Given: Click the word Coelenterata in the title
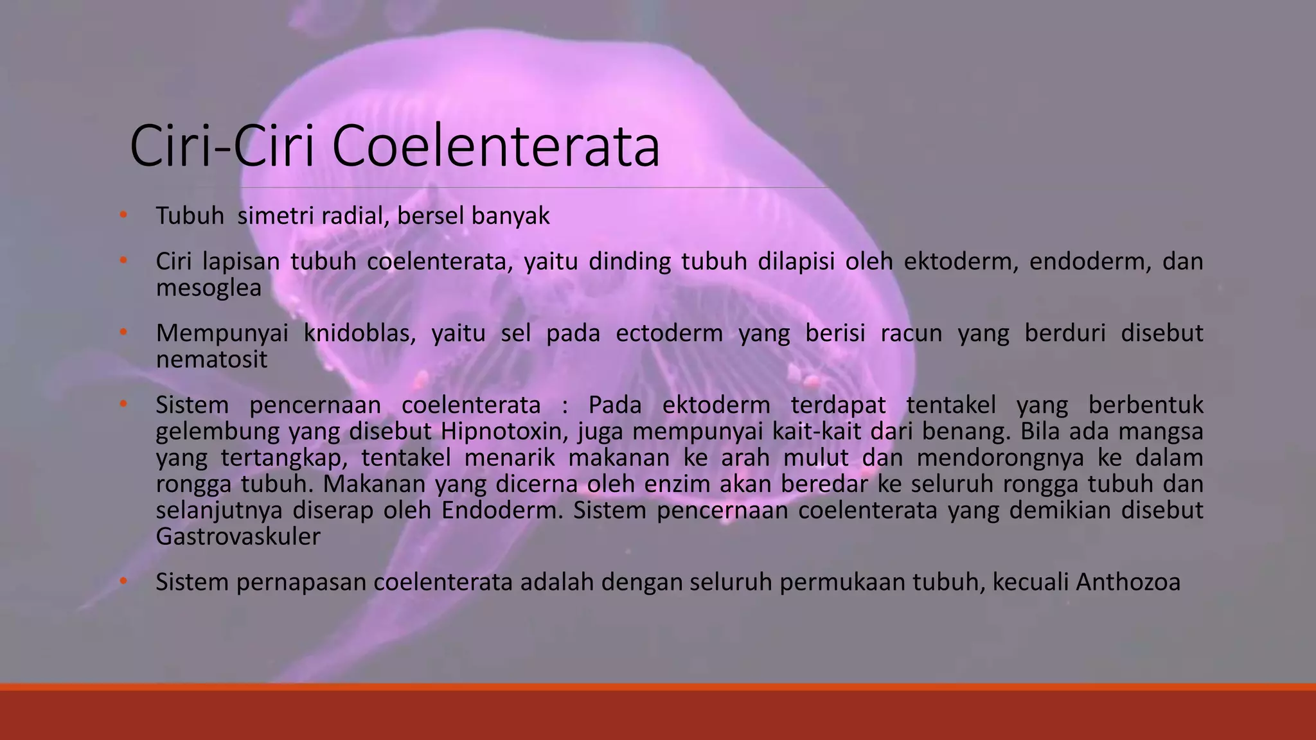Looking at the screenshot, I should pyautogui.click(x=495, y=147).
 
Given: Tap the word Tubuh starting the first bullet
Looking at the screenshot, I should pyautogui.click(x=190, y=216).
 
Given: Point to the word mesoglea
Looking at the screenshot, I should pyautogui.click(x=209, y=288).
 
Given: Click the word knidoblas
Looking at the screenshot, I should pyautogui.click(x=359, y=333).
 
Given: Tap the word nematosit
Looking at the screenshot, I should pyautogui.click(x=211, y=359).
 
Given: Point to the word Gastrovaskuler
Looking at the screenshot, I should pyautogui.click(x=238, y=536).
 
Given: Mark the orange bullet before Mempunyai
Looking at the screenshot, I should pyautogui.click(x=123, y=333).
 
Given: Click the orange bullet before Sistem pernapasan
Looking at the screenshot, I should pyautogui.click(x=123, y=581).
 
